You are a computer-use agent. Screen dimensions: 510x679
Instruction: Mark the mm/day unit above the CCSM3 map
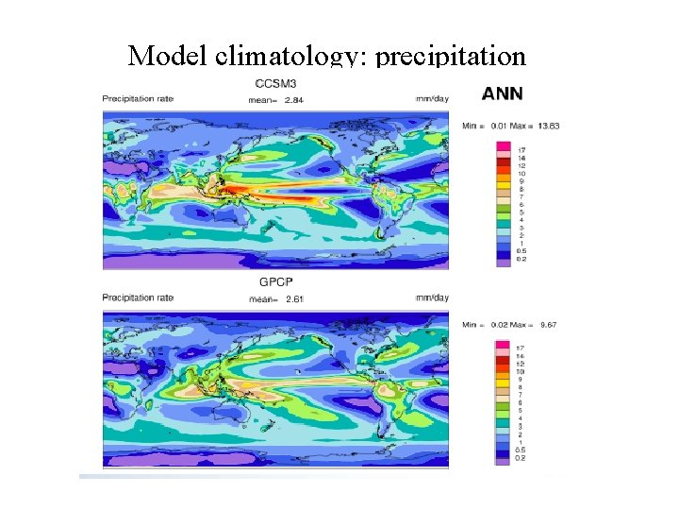(429, 98)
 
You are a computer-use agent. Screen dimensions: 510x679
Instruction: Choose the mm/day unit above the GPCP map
(429, 298)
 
